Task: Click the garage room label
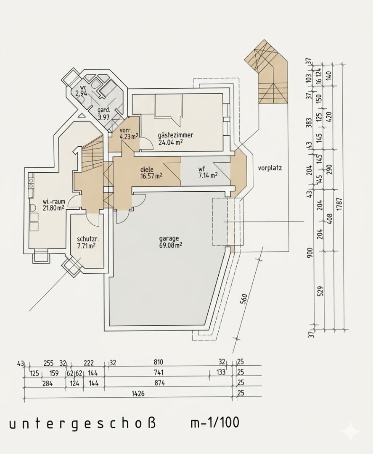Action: [169, 239]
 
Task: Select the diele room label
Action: [147, 169]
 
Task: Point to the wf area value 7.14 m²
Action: [208, 175]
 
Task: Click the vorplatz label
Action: [270, 168]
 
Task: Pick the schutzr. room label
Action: [88, 240]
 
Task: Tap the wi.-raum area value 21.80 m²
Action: [53, 208]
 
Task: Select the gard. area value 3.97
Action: [103, 117]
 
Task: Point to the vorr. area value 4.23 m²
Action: [129, 137]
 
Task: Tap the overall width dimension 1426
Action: [138, 393]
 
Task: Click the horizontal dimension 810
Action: [158, 362]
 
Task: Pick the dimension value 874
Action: [159, 383]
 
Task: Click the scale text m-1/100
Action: [214, 423]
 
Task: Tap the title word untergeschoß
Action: [82, 424]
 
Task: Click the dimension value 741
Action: [159, 372]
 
